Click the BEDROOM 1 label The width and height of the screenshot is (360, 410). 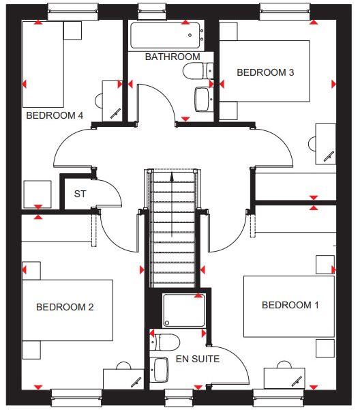tap(290, 305)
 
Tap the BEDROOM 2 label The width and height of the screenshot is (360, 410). tap(65, 307)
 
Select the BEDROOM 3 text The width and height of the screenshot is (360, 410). tap(265, 72)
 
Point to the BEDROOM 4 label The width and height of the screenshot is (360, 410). tap(55, 115)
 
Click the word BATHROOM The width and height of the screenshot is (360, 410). tap(172, 57)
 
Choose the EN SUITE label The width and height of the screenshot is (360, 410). tap(197, 358)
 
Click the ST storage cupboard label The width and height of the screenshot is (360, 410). tap(80, 194)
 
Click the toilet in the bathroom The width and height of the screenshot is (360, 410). tap(197, 70)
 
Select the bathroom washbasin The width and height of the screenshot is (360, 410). tap(202, 99)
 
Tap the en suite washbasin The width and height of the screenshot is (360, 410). tap(160, 369)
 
